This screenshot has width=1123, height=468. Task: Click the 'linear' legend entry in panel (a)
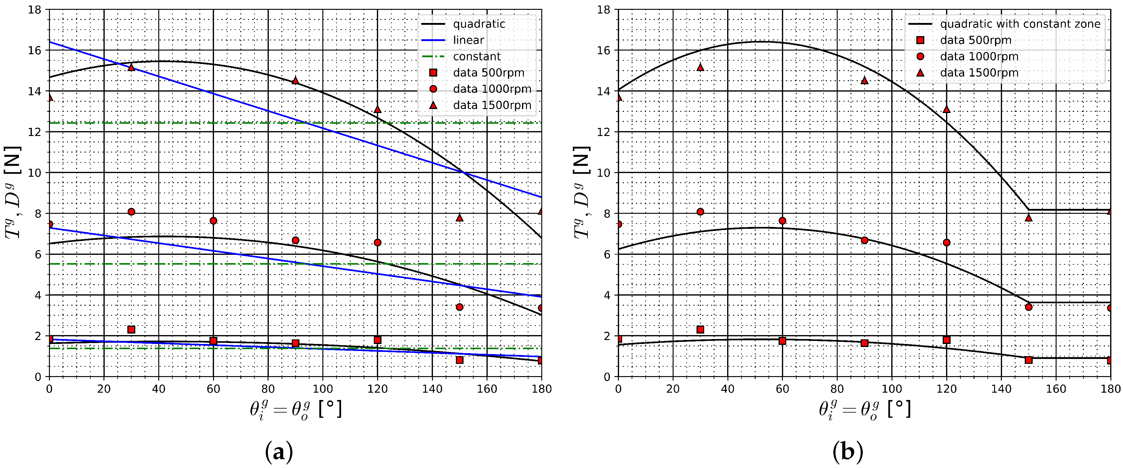coord(468,40)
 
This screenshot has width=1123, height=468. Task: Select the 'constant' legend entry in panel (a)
coord(476,56)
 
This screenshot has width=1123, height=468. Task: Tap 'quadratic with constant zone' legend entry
coord(1020,24)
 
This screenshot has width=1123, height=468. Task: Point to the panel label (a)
coord(279,452)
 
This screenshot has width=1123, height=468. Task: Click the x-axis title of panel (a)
coord(295,409)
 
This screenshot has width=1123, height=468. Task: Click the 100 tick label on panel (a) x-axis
coord(323,389)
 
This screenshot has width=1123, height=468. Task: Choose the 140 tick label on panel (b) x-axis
coord(1001,389)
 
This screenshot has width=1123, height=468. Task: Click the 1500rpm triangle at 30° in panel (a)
coord(131,67)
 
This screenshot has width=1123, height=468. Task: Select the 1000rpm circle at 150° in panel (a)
coord(460,307)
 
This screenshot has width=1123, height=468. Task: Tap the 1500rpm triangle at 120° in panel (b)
coord(946,109)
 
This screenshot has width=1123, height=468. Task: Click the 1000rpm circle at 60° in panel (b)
coord(783,221)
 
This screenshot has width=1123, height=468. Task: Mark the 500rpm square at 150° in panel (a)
coord(460,360)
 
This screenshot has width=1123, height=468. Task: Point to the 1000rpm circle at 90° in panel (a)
coord(295,240)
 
